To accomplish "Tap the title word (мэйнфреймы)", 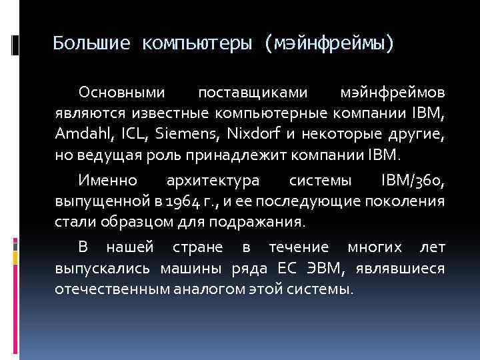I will click(329, 44).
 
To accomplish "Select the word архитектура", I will click(211, 181).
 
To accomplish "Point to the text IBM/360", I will click(413, 181).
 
